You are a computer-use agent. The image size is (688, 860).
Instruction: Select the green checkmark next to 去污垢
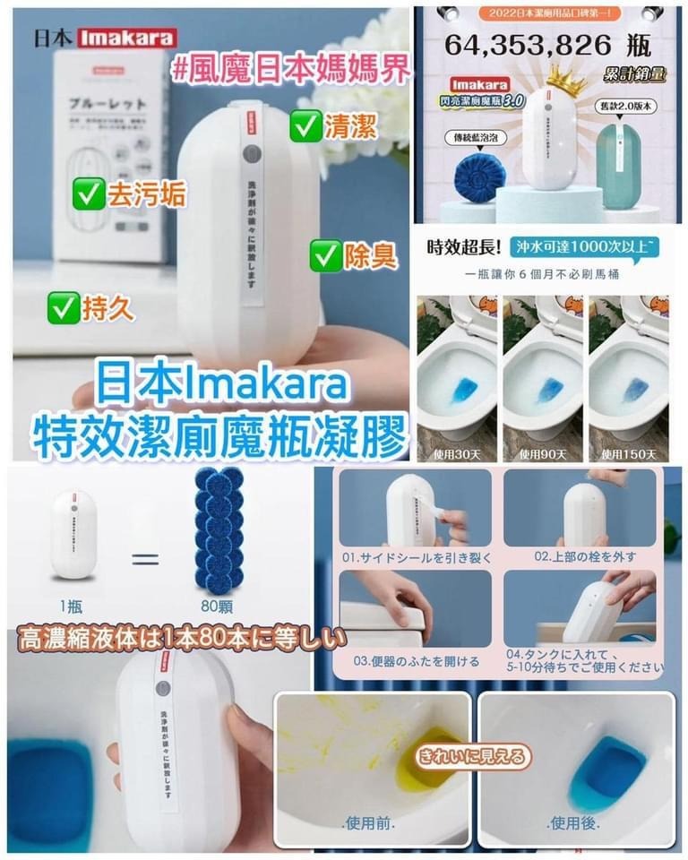tap(87, 192)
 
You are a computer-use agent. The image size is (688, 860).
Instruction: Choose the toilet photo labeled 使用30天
tap(457, 376)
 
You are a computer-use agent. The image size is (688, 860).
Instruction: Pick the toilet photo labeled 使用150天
tap(630, 376)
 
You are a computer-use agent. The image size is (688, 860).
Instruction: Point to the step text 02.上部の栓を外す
tap(580, 556)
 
